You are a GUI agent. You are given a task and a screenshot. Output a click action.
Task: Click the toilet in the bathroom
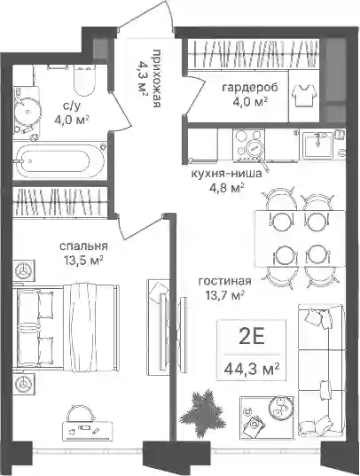(x=83, y=81)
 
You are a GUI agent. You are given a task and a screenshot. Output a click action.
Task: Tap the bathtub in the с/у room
(x=59, y=160)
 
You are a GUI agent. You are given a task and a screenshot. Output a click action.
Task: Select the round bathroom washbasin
(x=27, y=112)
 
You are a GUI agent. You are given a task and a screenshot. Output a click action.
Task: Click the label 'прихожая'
(x=156, y=78)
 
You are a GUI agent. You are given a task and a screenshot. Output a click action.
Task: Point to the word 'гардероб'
(x=250, y=88)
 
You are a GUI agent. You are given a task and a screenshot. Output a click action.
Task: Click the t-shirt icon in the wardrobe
(x=304, y=95)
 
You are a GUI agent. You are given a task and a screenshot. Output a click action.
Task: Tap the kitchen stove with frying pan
(x=249, y=144)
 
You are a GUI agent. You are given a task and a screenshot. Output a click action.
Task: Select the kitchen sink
(x=317, y=145)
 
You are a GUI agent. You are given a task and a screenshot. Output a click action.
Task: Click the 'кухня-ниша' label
(x=226, y=174)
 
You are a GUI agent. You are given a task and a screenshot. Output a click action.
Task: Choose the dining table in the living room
(x=299, y=238)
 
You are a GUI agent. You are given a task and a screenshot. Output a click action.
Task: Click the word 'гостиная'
(x=225, y=281)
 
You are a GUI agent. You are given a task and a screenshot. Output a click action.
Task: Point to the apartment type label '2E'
(x=252, y=337)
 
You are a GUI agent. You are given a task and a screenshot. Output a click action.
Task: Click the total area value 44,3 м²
(x=252, y=369)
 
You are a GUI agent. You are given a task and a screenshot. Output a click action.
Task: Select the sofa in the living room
(x=322, y=370)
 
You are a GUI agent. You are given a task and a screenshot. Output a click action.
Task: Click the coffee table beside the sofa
(x=267, y=417)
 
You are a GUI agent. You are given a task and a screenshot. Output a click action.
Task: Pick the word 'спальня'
(x=83, y=246)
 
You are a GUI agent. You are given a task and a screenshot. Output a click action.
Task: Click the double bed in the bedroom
(x=66, y=328)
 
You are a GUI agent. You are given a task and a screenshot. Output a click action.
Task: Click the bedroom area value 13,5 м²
(x=83, y=261)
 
